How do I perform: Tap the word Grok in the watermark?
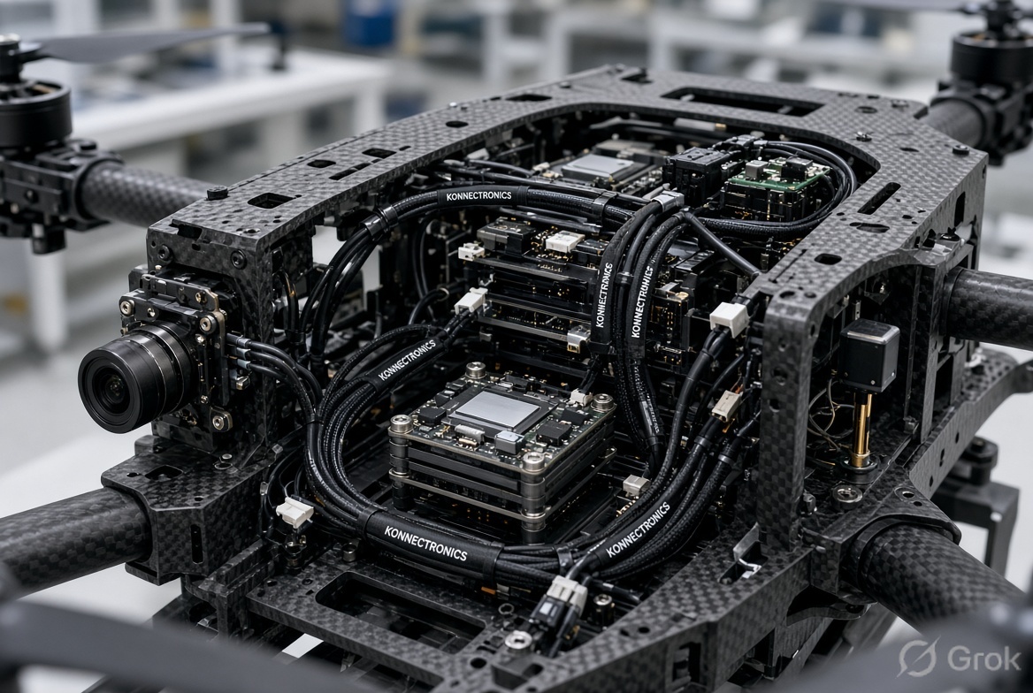point(983,657)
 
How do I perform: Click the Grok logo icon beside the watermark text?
point(918,658)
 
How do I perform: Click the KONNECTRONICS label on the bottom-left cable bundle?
point(425,543)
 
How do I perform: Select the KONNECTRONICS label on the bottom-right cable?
point(637,529)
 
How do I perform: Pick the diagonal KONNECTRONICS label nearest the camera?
point(407,360)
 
